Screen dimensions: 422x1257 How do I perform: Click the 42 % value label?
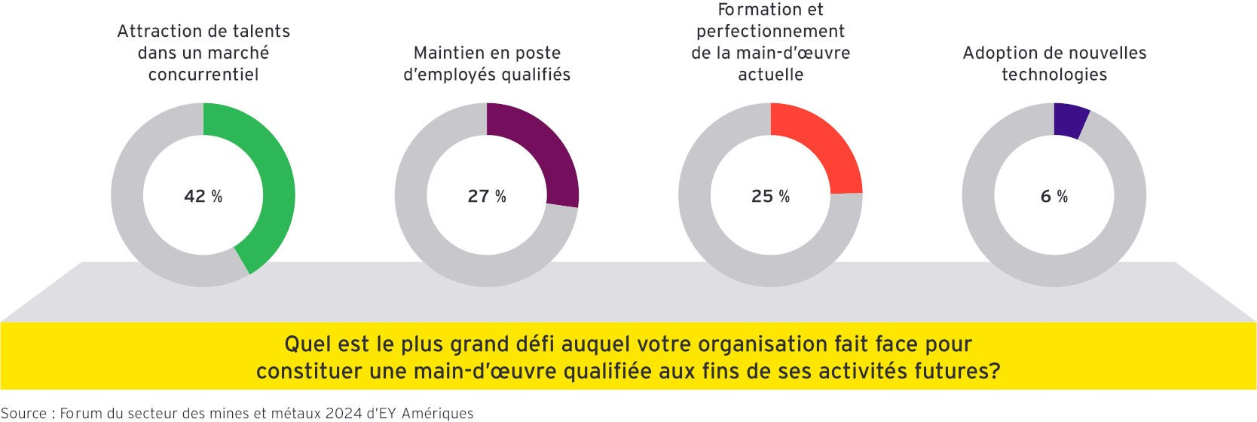point(203,197)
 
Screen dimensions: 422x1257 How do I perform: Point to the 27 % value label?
point(487,197)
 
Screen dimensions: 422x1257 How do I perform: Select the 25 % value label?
point(770,197)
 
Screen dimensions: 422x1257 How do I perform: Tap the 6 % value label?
point(1054,197)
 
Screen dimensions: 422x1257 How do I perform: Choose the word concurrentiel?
point(203,75)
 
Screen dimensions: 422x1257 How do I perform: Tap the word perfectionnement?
point(770,32)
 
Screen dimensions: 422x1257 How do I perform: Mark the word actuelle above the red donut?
point(770,75)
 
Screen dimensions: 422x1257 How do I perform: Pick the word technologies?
point(1054,75)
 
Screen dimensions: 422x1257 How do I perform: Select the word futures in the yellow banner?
point(956,372)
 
